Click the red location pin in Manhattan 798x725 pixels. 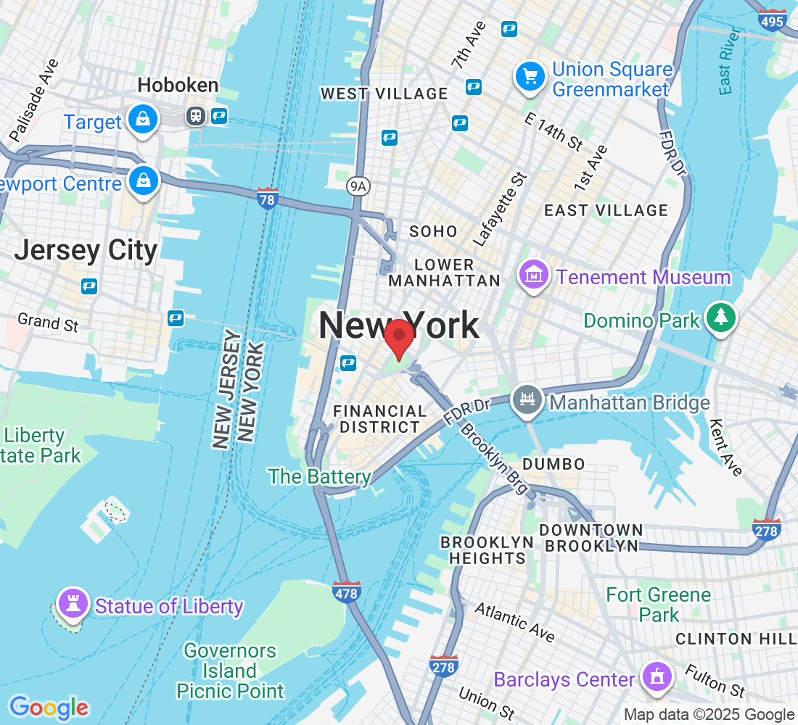click(x=398, y=338)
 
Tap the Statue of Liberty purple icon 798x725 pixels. click(x=72, y=604)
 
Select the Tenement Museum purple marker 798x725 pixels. click(x=533, y=276)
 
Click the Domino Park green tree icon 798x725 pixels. click(x=720, y=318)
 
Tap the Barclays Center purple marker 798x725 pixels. click(x=657, y=677)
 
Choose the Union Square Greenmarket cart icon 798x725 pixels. click(x=530, y=77)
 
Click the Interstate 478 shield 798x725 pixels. click(x=347, y=592)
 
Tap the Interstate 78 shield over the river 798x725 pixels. click(x=268, y=198)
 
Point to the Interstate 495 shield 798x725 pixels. click(x=772, y=20)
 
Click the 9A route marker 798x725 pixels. click(x=358, y=186)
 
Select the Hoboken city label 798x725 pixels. click(x=178, y=86)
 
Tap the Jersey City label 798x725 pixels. click(x=86, y=250)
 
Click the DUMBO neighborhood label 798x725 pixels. click(x=553, y=464)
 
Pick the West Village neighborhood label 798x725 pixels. click(x=384, y=94)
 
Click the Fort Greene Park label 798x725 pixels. click(x=659, y=605)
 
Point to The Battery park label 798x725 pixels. click(x=319, y=476)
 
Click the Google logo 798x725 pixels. click(x=49, y=707)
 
